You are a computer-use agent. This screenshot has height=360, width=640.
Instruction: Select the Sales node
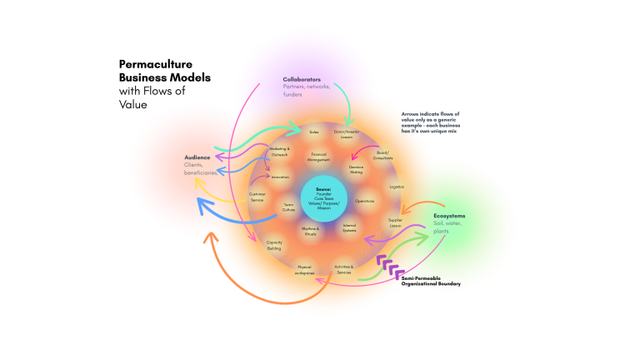pos(314,132)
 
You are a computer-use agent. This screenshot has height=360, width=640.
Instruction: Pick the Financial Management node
pos(318,157)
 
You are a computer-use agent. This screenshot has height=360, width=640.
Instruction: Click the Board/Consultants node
pos(383,156)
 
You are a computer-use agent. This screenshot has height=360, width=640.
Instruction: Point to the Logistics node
pos(397,187)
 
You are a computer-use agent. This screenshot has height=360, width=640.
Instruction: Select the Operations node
pos(364,201)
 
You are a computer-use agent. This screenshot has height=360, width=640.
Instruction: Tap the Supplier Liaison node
pos(395,223)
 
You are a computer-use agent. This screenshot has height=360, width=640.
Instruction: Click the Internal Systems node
pos(349,227)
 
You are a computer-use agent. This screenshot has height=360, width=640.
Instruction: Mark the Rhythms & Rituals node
pos(310,231)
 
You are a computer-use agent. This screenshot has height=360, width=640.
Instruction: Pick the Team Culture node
pos(288,207)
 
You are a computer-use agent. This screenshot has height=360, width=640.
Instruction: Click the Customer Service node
pos(257,198)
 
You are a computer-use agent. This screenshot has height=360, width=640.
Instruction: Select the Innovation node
pos(280,177)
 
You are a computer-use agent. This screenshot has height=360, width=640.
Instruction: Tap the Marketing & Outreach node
pos(279,152)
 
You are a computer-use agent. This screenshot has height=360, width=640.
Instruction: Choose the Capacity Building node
pos(274,246)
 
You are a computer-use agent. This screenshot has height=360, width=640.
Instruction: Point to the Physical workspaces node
pos(305,270)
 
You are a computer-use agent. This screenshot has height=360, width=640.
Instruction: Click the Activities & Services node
pos(343,270)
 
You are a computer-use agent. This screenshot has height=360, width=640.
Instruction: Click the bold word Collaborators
pos(302,80)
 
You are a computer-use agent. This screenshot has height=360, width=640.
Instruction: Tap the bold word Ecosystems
pos(449,216)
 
